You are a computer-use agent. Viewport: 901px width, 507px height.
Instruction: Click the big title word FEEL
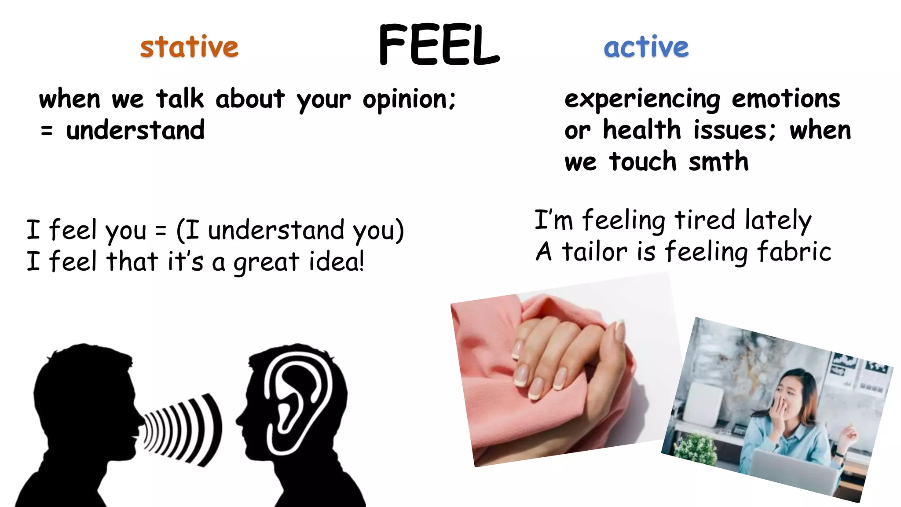[439, 45]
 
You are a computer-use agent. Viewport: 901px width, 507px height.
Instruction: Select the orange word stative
[189, 47]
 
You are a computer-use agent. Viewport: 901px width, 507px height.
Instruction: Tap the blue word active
[646, 47]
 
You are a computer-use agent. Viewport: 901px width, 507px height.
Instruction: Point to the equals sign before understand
[47, 131]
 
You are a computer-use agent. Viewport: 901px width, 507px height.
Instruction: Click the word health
[642, 130]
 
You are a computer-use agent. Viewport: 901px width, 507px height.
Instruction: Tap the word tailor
[594, 252]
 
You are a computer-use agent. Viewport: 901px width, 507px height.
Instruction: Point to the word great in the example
[266, 262]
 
